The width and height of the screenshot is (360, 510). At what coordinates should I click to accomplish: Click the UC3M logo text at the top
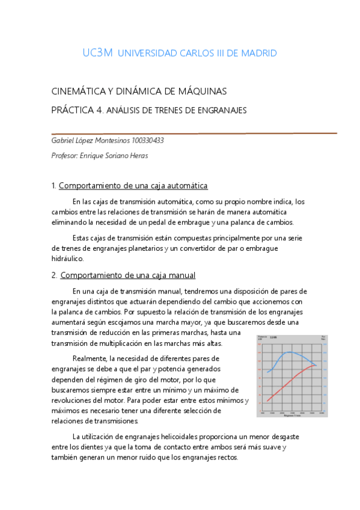[97, 53]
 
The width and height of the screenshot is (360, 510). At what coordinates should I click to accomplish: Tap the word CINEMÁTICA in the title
[79, 92]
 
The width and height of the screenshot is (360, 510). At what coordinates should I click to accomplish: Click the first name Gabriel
[64, 140]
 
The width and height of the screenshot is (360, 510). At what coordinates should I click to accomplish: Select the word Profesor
[66, 155]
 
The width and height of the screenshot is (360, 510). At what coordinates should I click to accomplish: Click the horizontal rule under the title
[194, 133]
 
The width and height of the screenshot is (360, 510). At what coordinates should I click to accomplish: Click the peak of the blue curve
[290, 352]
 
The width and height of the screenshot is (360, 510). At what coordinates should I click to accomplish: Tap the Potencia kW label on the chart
[261, 338]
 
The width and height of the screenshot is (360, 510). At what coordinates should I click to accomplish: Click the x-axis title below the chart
[292, 417]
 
